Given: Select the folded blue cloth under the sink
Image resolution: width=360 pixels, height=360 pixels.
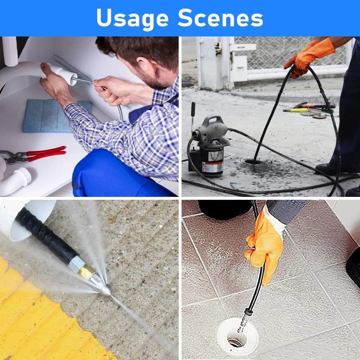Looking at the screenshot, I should (x=54, y=116).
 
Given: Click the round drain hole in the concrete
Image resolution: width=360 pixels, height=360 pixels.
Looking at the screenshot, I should (x=252, y=161).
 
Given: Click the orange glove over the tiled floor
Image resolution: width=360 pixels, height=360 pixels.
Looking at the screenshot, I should (x=265, y=248).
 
